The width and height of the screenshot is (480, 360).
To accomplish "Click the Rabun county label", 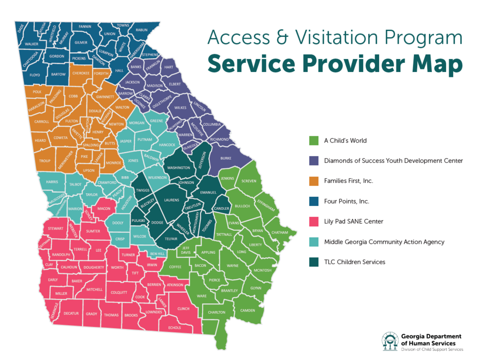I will (142, 30).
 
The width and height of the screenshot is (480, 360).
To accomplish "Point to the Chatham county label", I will (279, 233).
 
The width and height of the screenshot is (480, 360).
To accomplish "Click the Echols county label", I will (174, 328).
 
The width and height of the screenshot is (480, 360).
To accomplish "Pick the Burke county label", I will (226, 158).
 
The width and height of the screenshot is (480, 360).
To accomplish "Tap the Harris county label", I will (52, 182).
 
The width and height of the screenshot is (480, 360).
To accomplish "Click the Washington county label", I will (179, 168).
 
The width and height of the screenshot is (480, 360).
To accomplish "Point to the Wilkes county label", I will (180, 108).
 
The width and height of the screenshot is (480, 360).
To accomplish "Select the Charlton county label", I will (216, 312).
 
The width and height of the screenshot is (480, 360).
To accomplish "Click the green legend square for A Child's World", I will (314, 141).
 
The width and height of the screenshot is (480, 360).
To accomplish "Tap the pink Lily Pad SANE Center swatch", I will (314, 221).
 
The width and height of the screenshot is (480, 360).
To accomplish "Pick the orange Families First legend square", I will (314, 181).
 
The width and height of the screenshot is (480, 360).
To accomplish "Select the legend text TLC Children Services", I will (355, 262).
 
